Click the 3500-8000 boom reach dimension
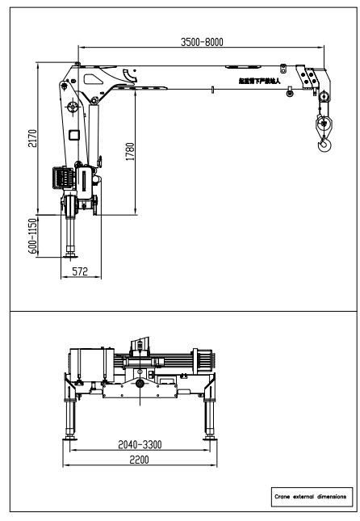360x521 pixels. point(201,42)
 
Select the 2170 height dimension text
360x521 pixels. point(31,138)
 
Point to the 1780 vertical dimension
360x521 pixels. point(130,153)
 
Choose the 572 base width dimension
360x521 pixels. point(77,273)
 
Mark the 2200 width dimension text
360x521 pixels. point(142,459)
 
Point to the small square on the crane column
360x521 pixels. point(73,134)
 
